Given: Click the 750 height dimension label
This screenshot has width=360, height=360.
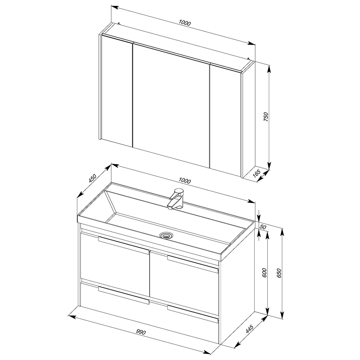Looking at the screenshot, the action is tap(266, 117).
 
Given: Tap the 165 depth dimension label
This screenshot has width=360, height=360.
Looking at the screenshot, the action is tap(256, 173).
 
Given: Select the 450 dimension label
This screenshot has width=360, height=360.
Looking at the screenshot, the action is tap(92, 178).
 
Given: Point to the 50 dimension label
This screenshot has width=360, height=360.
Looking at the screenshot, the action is tap(263, 227).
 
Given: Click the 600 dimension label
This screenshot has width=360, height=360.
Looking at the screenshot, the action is tap(264, 273).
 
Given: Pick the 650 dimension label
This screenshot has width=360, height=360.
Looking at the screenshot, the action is tap(279, 273).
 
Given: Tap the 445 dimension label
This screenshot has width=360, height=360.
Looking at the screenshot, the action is tap(249, 329).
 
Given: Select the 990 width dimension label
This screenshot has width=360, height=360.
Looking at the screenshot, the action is tap(141, 332).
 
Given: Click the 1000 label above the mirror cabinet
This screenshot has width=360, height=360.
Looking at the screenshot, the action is tap(185, 23).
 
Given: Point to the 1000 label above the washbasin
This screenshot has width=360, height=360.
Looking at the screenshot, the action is tap(184, 181).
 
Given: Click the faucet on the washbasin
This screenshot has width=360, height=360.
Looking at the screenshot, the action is tap(176, 198).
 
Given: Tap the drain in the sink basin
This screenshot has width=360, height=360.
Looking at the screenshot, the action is tap(166, 235).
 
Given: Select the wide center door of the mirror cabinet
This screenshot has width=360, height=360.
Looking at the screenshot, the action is tap(171, 105).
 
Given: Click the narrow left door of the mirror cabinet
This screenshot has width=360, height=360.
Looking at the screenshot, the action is tap(117, 91).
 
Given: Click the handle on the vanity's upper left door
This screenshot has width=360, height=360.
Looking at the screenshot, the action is tap(124, 245).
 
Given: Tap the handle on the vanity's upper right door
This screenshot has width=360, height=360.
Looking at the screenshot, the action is tap(193, 264).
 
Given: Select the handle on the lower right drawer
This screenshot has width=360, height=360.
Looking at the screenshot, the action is tap(193, 314).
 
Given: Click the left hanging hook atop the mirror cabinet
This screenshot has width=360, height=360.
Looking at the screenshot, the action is tap(119, 23).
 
